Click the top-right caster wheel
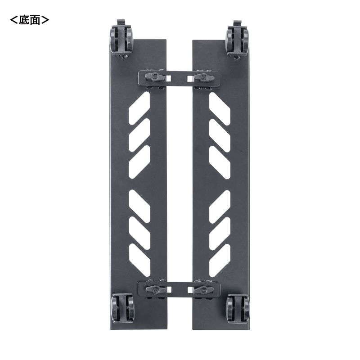tap(237, 40)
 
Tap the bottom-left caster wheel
tap(122, 308)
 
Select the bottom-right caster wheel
tap(238, 308)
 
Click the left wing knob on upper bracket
tap(155, 77)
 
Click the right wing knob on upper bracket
tap(204, 77)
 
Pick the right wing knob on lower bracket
tap(204, 289)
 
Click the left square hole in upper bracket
tap(169, 78)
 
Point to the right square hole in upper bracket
tap(190, 79)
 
